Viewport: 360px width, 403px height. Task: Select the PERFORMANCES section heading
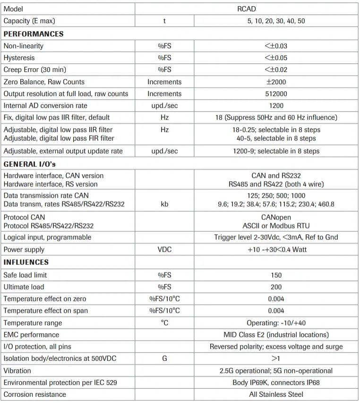tap(34, 34)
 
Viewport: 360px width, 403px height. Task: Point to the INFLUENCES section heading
tap(26, 262)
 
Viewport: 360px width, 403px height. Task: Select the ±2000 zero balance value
tap(276, 82)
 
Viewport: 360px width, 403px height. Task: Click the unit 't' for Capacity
tap(164, 21)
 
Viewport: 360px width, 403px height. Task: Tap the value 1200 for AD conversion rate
tap(276, 106)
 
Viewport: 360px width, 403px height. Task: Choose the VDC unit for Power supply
tap(164, 249)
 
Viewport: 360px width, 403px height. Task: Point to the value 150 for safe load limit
tap(276, 275)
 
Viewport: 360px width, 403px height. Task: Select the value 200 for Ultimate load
tap(276, 287)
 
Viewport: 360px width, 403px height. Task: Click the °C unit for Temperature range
tap(164, 323)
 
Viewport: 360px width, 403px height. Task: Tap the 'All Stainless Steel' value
tap(276, 394)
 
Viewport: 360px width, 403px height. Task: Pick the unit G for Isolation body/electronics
tap(164, 359)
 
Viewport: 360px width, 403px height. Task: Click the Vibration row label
tap(17, 371)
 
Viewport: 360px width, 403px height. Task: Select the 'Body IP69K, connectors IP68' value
tap(276, 383)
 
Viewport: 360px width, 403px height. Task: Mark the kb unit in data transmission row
tap(164, 204)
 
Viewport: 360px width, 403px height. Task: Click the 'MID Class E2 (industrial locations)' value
tap(276, 335)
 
